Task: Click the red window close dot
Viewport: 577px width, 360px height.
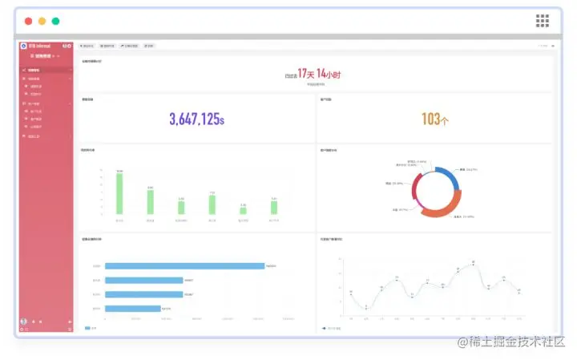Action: pos(28,21)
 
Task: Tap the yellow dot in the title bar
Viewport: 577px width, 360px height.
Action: pos(42,21)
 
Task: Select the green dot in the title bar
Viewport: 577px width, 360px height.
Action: pos(55,21)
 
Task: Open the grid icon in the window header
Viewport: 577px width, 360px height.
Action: pos(543,21)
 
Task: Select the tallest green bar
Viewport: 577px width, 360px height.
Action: pos(119,194)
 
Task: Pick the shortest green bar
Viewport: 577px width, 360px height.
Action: pos(243,211)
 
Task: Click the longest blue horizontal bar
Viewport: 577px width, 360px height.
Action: pos(184,265)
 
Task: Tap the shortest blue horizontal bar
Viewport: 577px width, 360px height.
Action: pos(132,308)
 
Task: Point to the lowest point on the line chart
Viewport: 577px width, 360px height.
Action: pos(366,309)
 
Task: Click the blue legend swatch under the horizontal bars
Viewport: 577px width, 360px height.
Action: pos(87,328)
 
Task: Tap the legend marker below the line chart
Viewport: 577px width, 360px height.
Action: pos(324,328)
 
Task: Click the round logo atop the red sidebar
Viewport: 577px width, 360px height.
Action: pos(24,46)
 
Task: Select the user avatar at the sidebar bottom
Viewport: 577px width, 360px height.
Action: pos(23,322)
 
